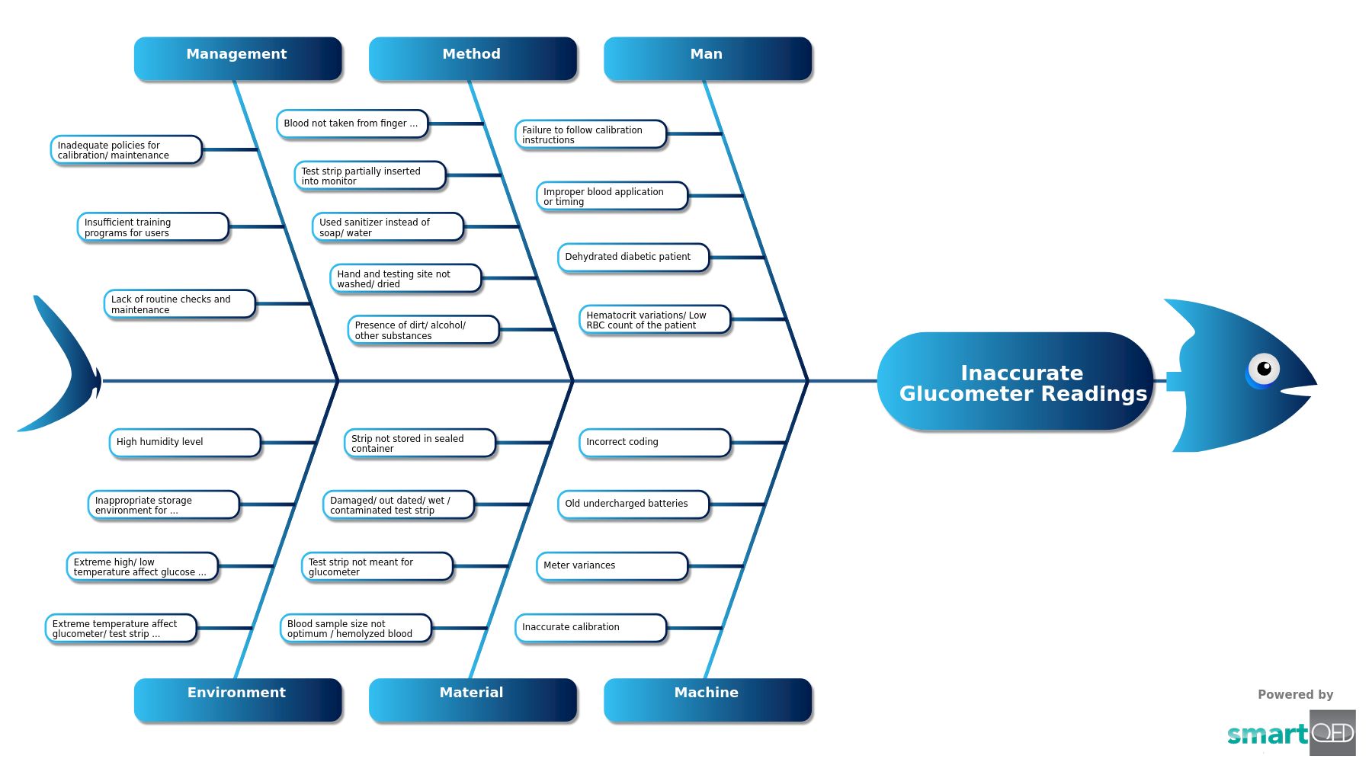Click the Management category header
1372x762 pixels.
237,58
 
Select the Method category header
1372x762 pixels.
472,58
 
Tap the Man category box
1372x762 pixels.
707,58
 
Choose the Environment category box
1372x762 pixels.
237,698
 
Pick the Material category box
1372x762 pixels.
472,698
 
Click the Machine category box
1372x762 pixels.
707,698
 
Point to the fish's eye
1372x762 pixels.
1263,370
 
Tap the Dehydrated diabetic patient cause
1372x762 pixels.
633,258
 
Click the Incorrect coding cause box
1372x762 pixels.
654,443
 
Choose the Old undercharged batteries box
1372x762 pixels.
633,504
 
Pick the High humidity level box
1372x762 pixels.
184,443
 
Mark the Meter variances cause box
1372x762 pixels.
611,566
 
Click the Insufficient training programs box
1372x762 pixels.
152,227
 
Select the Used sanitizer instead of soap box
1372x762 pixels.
387,227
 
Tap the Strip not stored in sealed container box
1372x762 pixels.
419,443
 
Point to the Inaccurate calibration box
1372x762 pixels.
590,628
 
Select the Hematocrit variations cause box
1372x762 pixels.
654,319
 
